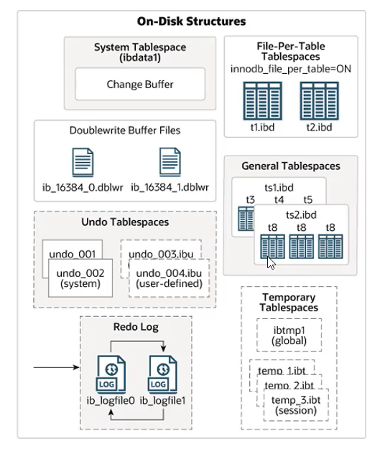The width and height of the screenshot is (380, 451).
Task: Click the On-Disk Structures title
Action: point(191,22)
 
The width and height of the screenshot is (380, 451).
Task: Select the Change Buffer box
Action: point(140,84)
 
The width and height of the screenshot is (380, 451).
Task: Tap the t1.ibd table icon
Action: point(262,101)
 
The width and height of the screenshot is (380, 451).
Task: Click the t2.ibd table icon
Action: point(319,101)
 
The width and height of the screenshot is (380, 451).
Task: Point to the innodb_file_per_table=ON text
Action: point(291,69)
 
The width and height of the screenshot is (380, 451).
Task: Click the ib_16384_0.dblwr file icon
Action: point(83,162)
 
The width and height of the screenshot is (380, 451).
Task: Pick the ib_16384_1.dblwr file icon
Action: point(170,162)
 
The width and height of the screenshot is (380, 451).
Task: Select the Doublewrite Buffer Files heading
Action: point(125,130)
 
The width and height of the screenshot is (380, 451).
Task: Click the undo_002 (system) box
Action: point(80,278)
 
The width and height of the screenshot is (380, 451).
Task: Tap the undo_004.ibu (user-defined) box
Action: point(169,278)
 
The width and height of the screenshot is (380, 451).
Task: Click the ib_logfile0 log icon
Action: point(111,374)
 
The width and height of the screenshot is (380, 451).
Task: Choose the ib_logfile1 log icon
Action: point(162,374)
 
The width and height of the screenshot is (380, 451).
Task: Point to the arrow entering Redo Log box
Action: point(57,367)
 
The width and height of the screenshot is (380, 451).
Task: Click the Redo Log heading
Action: point(136,327)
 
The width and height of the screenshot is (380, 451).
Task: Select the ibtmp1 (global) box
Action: point(289,335)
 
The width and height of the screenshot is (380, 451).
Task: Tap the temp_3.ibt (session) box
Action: point(296,405)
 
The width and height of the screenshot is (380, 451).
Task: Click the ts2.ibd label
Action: point(301,215)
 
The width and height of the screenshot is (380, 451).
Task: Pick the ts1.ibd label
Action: point(279,188)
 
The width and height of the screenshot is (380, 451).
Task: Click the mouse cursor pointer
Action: point(271,263)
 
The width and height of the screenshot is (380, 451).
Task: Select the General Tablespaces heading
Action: point(291,166)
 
